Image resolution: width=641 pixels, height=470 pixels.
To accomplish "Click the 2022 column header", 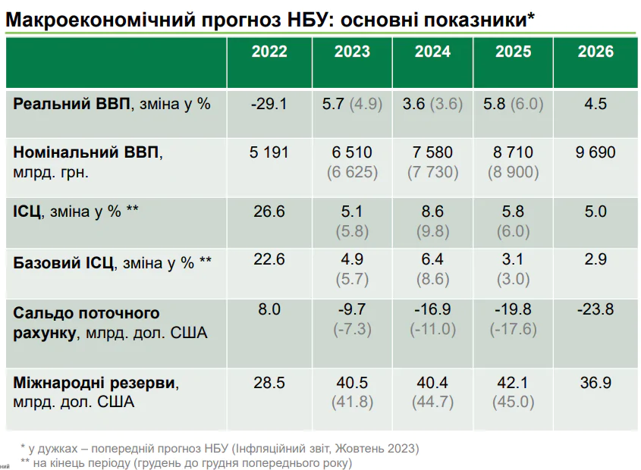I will pos(269,52).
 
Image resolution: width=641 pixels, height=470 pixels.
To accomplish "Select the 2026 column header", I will pos(595,52).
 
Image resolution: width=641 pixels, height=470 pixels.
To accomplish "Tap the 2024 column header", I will pos(432,52).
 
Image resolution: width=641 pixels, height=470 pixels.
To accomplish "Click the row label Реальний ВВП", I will pos(72,104).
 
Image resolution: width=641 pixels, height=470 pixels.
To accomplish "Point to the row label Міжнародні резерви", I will pos(96,384).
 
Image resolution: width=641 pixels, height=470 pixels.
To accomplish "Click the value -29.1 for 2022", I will pos(269,104).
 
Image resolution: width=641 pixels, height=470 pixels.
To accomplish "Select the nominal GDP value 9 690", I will pos(595,152).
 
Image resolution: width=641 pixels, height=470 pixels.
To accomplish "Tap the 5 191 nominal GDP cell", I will pos(269,152).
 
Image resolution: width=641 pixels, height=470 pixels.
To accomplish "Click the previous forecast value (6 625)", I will pos(352,172).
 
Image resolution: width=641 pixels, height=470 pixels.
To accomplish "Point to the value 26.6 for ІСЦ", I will pos(269,211).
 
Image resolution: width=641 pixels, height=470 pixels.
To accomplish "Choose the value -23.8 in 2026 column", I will pos(595,309).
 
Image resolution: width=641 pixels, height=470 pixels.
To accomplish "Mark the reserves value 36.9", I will pos(595,383).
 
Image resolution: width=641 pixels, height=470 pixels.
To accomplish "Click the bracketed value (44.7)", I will pos(432,403).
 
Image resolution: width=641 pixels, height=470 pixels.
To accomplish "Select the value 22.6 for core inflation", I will pos(269,259).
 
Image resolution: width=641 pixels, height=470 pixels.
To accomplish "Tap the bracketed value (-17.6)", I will pos(514,329).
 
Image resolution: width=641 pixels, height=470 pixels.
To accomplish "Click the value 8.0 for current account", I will pos(269,309).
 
